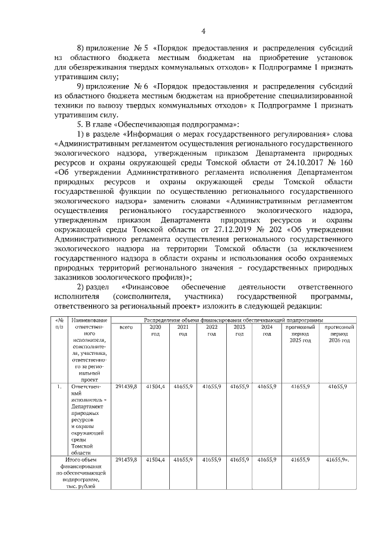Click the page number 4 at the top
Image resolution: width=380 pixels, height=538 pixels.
tap(203, 32)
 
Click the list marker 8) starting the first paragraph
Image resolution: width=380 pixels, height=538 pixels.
tap(83, 46)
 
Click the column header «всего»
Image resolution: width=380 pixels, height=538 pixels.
tap(125, 328)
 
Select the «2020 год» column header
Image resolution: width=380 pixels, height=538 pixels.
tap(155, 331)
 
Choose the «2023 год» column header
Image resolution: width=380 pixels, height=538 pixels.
tap(239, 331)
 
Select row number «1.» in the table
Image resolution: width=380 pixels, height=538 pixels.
tap(59, 387)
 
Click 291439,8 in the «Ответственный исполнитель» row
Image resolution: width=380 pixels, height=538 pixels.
tap(126, 387)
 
